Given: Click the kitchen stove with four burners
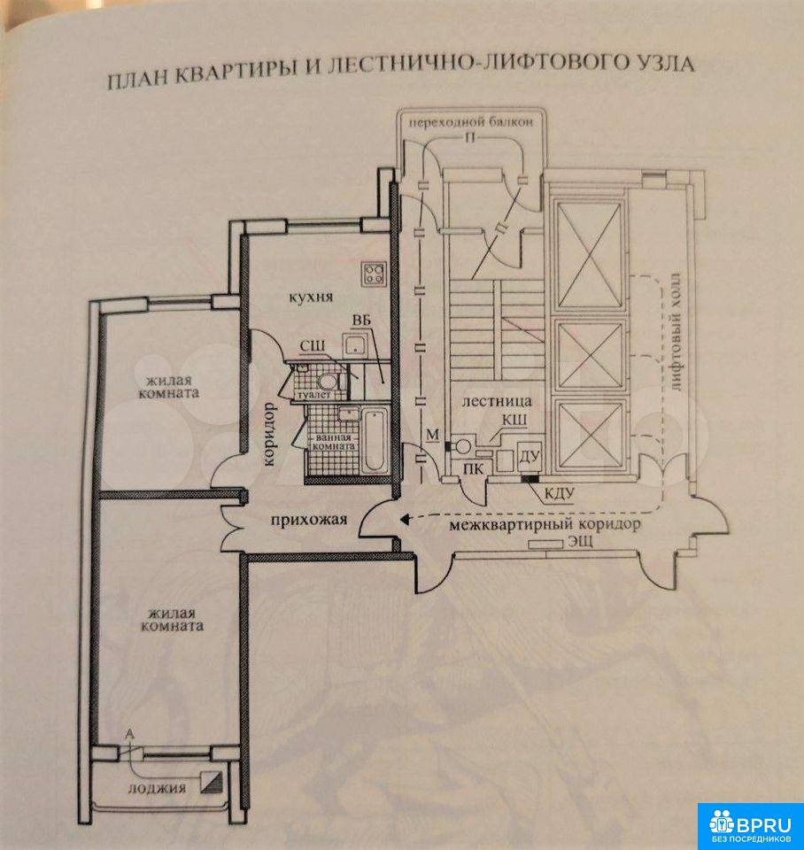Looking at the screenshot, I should click(x=374, y=272).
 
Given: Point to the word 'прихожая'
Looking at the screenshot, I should click(x=308, y=521).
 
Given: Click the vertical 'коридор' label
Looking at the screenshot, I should click(x=269, y=436).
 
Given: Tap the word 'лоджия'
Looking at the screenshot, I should click(x=156, y=787).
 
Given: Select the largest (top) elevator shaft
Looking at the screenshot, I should click(x=587, y=254).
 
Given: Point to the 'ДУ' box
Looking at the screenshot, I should click(x=530, y=456).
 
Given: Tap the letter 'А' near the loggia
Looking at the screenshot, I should click(x=130, y=733).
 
